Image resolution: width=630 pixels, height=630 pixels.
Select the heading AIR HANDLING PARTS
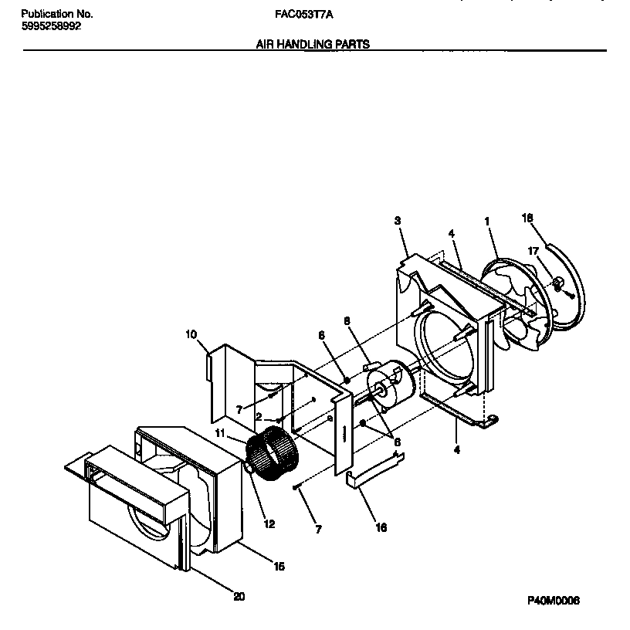[313, 45]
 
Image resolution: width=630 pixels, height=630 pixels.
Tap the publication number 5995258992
[50, 25]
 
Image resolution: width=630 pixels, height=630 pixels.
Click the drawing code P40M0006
[554, 601]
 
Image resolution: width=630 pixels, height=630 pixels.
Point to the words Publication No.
[56, 14]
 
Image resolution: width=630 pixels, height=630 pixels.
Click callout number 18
[527, 218]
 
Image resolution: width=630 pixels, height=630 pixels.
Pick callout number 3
[397, 221]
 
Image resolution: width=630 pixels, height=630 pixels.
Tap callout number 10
[191, 334]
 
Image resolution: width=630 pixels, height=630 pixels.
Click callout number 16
[381, 528]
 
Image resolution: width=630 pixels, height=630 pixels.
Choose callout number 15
[279, 567]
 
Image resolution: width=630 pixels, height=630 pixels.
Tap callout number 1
[487, 221]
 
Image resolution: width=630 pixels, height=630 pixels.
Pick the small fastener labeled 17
[555, 286]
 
